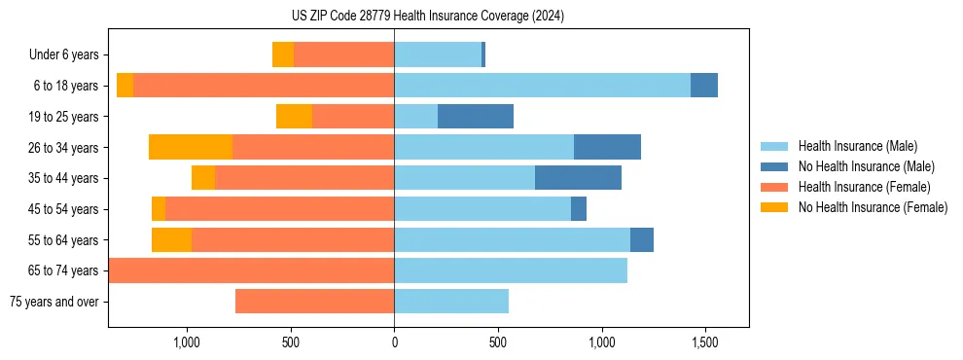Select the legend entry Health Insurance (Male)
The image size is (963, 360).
click(x=856, y=146)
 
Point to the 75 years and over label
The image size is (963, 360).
click(x=53, y=302)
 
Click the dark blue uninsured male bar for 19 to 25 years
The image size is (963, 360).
click(x=476, y=117)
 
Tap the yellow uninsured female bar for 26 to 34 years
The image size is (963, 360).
click(x=191, y=147)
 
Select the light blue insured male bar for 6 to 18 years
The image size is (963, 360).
click(x=542, y=86)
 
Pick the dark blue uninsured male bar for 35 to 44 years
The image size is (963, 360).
click(x=578, y=178)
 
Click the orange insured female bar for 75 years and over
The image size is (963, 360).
click(x=314, y=302)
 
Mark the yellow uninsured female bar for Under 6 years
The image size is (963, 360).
click(x=283, y=55)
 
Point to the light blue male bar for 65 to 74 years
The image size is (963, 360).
click(x=511, y=270)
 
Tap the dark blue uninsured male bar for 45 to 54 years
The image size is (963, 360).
click(x=579, y=209)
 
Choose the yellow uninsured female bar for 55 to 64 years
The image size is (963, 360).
click(x=171, y=239)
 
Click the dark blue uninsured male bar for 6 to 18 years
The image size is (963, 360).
click(x=704, y=86)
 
